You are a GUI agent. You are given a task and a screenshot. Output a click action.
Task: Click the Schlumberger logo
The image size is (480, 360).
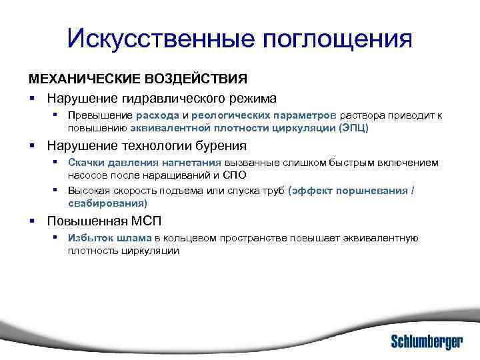click(x=426, y=341)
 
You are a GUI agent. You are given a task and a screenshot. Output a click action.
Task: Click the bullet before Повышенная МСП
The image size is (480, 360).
click(x=31, y=220)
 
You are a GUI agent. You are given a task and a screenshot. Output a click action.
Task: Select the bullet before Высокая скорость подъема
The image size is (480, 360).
click(x=58, y=190)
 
